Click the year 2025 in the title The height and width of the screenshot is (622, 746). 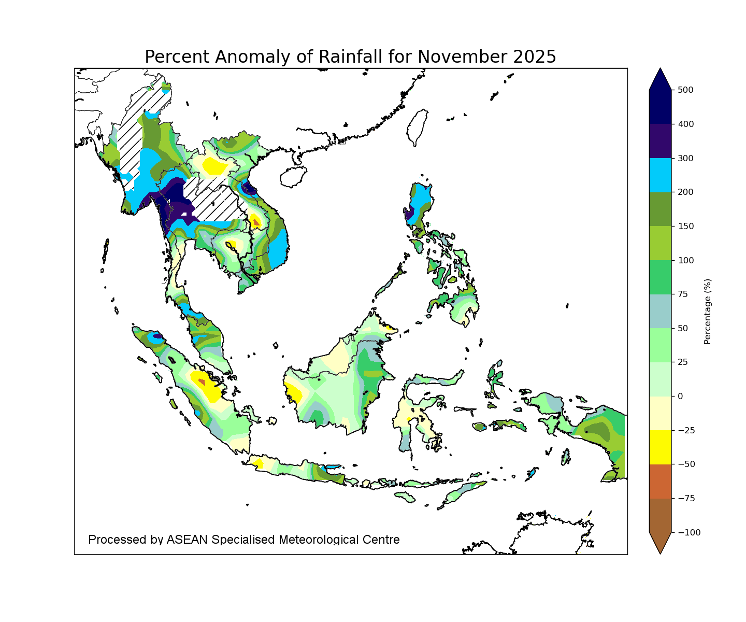[535, 56]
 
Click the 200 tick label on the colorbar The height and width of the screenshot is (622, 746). [685, 192]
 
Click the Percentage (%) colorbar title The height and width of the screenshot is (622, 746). [708, 312]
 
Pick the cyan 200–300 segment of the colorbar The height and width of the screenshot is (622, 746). [660, 175]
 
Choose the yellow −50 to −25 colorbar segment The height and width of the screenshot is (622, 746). [660, 447]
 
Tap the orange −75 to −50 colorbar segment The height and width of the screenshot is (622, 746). [660, 481]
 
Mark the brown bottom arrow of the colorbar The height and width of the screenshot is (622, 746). [660, 542]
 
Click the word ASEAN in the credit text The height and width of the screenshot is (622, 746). [187, 540]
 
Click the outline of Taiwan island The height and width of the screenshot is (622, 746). [418, 128]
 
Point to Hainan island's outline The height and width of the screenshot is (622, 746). [293, 177]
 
